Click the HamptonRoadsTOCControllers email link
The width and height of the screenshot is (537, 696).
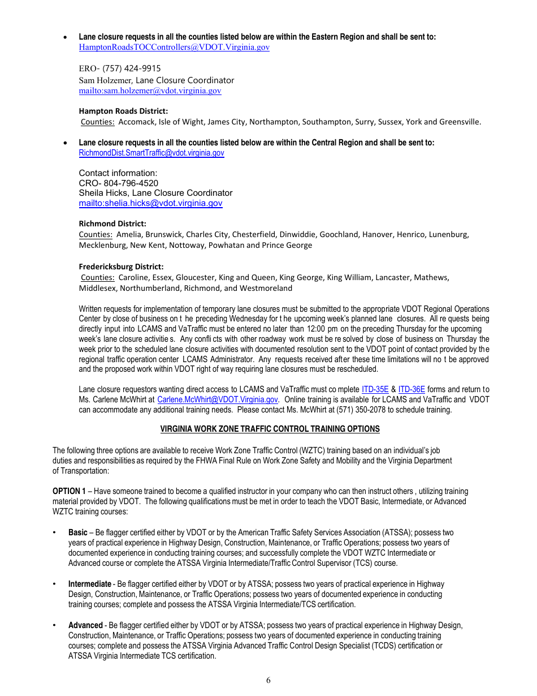coord(174,48)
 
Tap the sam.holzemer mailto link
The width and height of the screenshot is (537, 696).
coord(150,91)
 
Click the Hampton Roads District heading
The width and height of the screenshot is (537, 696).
coord(123,111)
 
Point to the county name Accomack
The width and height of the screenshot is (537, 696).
coord(136,122)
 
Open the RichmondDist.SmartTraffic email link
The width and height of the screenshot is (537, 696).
coord(151,153)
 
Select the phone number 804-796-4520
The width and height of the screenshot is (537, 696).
coord(131,183)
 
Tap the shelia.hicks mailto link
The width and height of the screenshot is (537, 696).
coord(150,203)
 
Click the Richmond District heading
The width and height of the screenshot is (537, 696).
coord(112,224)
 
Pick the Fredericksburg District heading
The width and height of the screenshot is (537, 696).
coord(121,267)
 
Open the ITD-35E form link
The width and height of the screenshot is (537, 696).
coord(375,389)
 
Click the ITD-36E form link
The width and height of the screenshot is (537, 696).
coord(412,389)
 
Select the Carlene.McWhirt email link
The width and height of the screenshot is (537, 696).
coord(217,399)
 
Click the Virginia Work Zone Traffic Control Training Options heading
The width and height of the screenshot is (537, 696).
coord(270,429)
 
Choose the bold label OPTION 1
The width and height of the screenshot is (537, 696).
coord(69,491)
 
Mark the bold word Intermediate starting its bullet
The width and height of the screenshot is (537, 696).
coord(90,584)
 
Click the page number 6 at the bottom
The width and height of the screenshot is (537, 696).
coord(268,681)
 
